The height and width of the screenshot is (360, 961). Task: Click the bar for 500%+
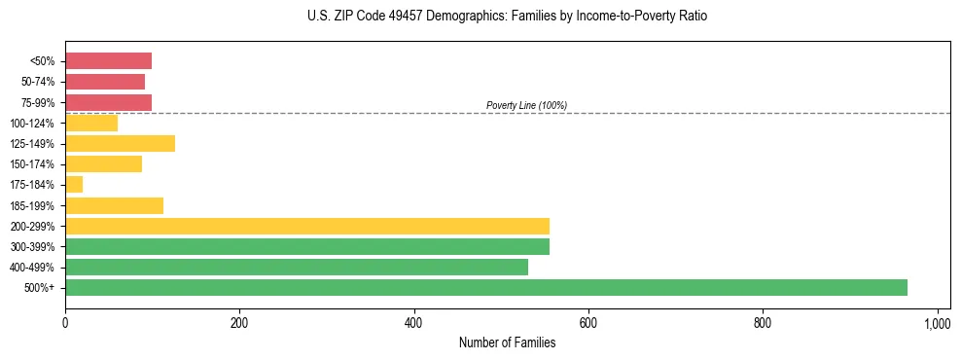point(486,287)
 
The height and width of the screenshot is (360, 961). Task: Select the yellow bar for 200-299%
point(307,226)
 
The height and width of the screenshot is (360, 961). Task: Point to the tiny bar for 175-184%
point(74,185)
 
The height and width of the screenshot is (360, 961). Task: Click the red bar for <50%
point(108,61)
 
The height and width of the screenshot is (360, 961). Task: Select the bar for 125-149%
point(120,144)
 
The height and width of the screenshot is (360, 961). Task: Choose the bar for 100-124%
point(91,123)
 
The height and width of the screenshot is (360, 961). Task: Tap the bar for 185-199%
point(114,205)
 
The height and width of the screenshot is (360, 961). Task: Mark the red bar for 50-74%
point(105,82)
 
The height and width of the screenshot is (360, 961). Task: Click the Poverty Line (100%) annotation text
point(526,105)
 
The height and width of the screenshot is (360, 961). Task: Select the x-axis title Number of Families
point(507,342)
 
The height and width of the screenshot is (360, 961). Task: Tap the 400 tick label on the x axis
point(414,322)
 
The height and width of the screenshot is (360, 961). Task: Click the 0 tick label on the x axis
point(65,322)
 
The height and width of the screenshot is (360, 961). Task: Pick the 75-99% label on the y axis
point(37,102)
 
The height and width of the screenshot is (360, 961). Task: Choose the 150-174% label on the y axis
point(32,164)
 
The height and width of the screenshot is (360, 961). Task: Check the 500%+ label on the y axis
point(40,288)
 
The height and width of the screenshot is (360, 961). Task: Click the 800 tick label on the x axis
point(763,322)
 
